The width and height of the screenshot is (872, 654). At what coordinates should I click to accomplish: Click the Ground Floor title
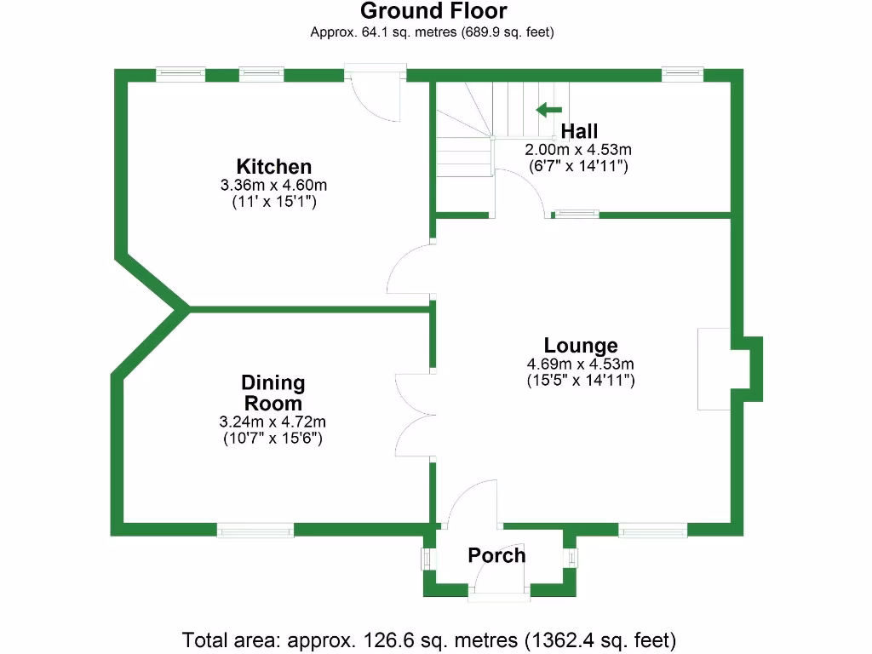point(433,11)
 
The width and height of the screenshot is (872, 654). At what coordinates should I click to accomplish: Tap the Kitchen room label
point(274,166)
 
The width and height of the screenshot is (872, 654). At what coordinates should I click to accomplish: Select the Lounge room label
point(581,346)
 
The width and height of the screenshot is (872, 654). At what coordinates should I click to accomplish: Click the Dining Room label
point(272,393)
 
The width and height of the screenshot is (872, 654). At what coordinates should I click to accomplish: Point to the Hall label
point(579,131)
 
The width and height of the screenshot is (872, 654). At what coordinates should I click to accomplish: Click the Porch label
point(496,555)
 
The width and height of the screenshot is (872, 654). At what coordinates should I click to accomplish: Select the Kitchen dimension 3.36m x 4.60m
point(274,185)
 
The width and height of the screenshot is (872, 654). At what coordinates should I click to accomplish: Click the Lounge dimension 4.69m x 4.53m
point(581,364)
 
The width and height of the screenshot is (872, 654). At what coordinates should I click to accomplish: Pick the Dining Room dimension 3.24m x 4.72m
point(272,422)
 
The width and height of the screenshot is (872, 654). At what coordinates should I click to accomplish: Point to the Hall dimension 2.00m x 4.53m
point(578,149)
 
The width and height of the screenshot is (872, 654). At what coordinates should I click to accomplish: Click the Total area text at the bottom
point(429,639)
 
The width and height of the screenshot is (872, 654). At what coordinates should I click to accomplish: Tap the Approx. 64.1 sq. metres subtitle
point(433,33)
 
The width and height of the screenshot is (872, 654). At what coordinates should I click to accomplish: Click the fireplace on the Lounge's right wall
point(714,368)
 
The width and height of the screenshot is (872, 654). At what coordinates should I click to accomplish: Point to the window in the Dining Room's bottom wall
point(255,531)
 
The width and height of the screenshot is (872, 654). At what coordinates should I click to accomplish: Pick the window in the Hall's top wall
point(683,75)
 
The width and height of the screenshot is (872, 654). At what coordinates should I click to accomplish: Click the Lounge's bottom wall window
point(652,531)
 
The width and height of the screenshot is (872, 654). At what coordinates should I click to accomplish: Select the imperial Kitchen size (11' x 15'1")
point(274,202)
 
